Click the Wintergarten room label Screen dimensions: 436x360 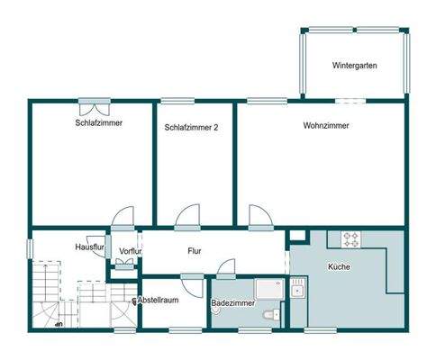[x=354, y=66]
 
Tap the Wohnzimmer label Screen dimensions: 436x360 [x=326, y=125]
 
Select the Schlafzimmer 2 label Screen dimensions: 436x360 [x=191, y=128]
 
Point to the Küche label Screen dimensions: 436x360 [x=339, y=266]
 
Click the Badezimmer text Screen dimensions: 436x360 [x=233, y=303]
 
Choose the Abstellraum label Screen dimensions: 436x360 [x=158, y=300]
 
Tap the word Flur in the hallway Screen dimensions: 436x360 [x=195, y=251]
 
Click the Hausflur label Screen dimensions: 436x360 [x=89, y=247]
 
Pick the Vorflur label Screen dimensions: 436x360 [x=130, y=251]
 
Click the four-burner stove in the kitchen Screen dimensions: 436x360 [x=350, y=239]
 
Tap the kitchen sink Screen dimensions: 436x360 [x=297, y=290]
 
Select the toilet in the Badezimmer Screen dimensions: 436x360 [x=271, y=315]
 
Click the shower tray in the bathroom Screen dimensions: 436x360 [x=269, y=290]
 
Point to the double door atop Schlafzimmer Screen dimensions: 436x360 [x=95, y=107]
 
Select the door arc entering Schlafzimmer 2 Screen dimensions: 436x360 [x=187, y=217]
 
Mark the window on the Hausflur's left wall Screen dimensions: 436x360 [x=30, y=248]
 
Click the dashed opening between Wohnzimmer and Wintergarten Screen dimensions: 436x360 [x=350, y=101]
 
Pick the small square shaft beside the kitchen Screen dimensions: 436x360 [x=298, y=236]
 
